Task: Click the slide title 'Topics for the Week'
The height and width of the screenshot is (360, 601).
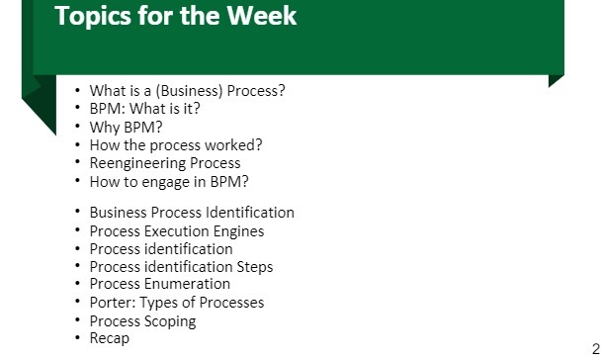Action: point(175,17)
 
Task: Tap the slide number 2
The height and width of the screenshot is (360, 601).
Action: point(595,347)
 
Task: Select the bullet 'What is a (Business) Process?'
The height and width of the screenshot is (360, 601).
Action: point(187,90)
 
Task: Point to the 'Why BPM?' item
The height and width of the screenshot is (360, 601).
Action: point(126,127)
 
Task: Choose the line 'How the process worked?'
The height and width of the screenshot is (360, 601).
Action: point(175,144)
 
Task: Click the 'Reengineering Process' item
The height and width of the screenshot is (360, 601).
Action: point(164,163)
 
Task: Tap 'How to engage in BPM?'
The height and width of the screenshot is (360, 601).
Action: point(168,181)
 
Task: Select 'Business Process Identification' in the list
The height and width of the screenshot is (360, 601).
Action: point(192,213)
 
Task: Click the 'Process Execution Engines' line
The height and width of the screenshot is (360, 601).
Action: point(176,231)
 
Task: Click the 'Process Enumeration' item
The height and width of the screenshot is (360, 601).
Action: point(159,285)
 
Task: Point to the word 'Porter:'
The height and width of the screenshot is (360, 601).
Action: point(113,303)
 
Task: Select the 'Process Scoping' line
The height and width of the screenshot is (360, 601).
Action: point(142,321)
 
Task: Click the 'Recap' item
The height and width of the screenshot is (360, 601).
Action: point(109,339)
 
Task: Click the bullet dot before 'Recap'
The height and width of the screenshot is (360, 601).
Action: point(77,339)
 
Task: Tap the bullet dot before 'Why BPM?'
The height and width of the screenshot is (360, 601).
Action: point(77,127)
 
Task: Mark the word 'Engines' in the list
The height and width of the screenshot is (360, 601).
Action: point(235,231)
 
